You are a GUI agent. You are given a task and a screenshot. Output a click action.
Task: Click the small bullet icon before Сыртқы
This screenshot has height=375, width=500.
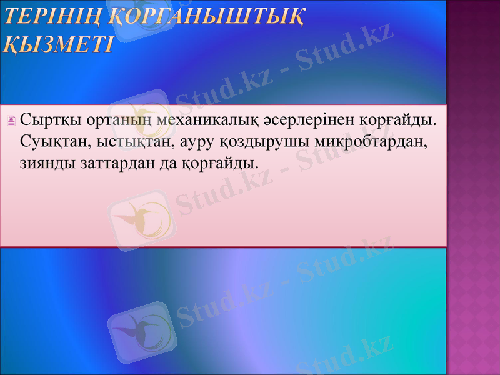11,120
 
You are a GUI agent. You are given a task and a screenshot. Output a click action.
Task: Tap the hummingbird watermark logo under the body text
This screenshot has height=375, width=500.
139,219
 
